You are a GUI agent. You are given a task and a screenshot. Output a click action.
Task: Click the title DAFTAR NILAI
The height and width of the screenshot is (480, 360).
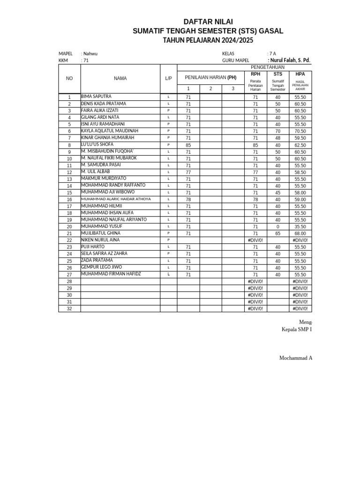pos(208,22)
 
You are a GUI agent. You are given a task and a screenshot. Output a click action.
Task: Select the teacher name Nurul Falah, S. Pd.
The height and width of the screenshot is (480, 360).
pos(289,60)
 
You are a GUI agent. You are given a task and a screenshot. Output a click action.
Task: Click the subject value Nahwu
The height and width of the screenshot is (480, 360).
pos(90,53)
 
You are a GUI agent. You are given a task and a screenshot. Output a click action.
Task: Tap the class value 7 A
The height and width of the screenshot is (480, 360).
pos(272,53)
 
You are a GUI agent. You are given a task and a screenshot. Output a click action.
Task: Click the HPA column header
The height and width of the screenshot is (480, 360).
pos(300,74)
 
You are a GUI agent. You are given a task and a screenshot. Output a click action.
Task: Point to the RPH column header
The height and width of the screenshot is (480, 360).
pos(255,74)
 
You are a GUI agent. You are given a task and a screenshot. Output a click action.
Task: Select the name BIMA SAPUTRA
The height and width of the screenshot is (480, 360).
pos(96,97)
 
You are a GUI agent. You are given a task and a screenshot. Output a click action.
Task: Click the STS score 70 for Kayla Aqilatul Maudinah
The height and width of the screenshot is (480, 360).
pos(277,131)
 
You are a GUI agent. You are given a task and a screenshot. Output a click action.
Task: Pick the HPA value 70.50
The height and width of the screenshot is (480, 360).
pos(300,131)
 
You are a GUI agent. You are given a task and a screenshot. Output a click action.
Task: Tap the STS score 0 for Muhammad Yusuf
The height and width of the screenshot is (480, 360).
pos(277,226)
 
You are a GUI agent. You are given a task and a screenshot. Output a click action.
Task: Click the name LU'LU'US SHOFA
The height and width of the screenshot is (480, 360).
pos(97,144)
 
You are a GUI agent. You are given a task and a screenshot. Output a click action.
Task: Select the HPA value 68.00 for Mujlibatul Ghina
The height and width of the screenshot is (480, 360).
pos(300,233)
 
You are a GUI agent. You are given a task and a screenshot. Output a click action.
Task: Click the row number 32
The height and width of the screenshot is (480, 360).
pos(69,309)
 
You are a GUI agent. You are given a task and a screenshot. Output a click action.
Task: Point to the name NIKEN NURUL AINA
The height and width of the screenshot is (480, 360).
pos(100,240)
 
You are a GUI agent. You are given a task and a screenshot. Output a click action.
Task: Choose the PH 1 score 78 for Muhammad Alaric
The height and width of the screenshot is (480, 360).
pos(188,199)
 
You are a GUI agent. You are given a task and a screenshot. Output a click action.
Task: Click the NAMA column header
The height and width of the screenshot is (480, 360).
pos(120,78)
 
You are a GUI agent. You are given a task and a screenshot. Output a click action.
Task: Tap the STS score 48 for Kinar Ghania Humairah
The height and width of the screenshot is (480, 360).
pos(277,138)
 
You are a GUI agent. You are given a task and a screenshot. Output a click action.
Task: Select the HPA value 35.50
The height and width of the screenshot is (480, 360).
pos(300,226)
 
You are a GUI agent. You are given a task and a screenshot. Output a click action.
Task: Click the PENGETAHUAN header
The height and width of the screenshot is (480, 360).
pos(268,67)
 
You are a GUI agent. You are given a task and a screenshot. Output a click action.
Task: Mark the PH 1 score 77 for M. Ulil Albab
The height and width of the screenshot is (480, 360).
pos(188,172)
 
